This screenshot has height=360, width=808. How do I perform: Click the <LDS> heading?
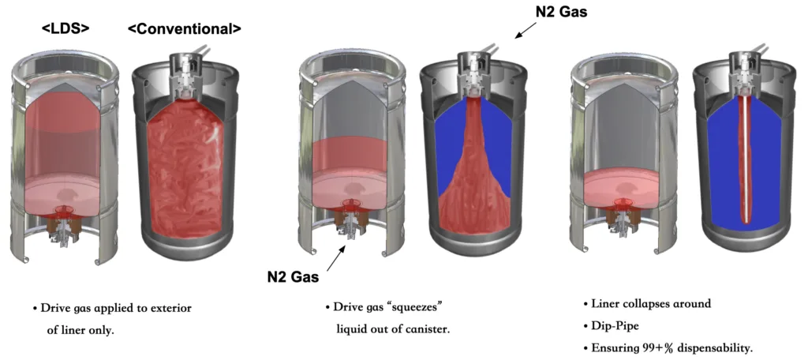[x=65, y=29]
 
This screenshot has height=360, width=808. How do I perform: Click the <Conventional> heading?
[x=184, y=29]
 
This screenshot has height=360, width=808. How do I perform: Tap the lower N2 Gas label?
[x=293, y=277]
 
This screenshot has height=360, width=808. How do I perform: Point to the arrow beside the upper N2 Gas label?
[x=526, y=30]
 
